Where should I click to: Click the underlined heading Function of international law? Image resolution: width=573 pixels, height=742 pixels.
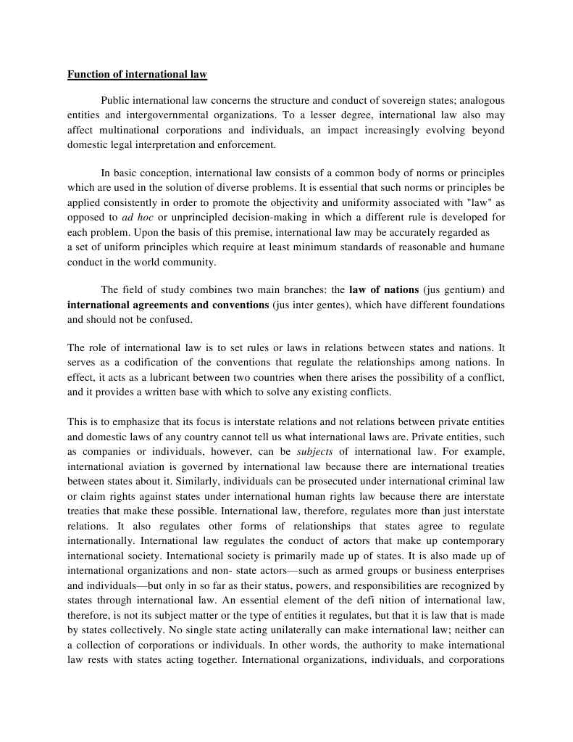[137, 74]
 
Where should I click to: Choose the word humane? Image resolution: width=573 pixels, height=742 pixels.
[487, 247]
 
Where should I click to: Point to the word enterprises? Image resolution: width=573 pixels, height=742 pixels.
[478, 570]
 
